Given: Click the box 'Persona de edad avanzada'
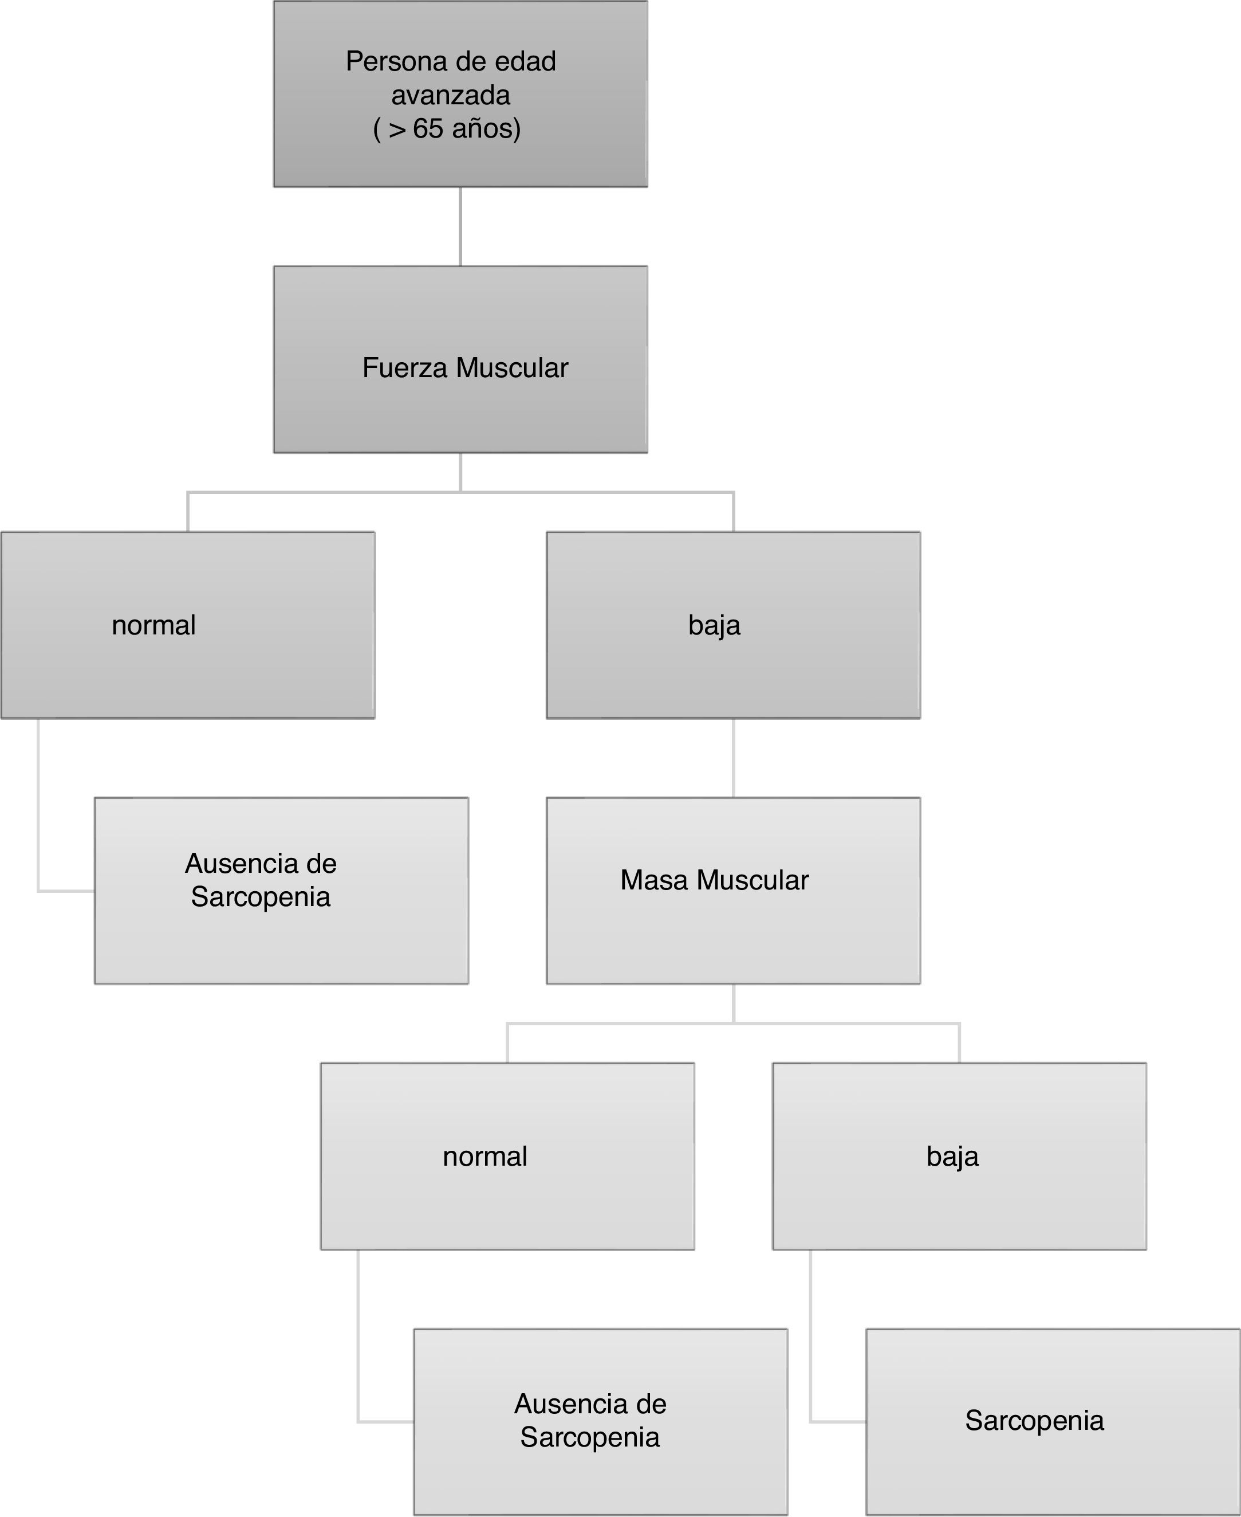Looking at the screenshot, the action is [x=460, y=93].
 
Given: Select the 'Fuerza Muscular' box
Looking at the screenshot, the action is [x=460, y=359].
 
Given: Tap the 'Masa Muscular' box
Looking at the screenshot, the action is [x=734, y=891].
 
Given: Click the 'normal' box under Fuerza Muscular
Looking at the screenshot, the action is [x=187, y=625].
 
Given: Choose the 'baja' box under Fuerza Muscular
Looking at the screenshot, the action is [x=734, y=625].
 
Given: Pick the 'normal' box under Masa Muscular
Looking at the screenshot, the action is [x=507, y=1156].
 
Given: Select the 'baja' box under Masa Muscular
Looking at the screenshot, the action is [x=959, y=1156].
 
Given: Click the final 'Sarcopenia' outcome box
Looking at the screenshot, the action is [x=1052, y=1421].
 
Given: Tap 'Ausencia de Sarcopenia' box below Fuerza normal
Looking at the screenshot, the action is [x=281, y=891].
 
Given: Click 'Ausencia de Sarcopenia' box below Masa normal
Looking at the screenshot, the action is [x=601, y=1421].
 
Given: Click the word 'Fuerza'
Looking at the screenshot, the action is [x=405, y=367].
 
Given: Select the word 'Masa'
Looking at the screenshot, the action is [x=654, y=880].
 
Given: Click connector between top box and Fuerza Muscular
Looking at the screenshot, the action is [x=460, y=226].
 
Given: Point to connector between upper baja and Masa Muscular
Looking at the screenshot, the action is [x=734, y=758].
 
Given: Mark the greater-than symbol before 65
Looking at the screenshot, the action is [x=397, y=130].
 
